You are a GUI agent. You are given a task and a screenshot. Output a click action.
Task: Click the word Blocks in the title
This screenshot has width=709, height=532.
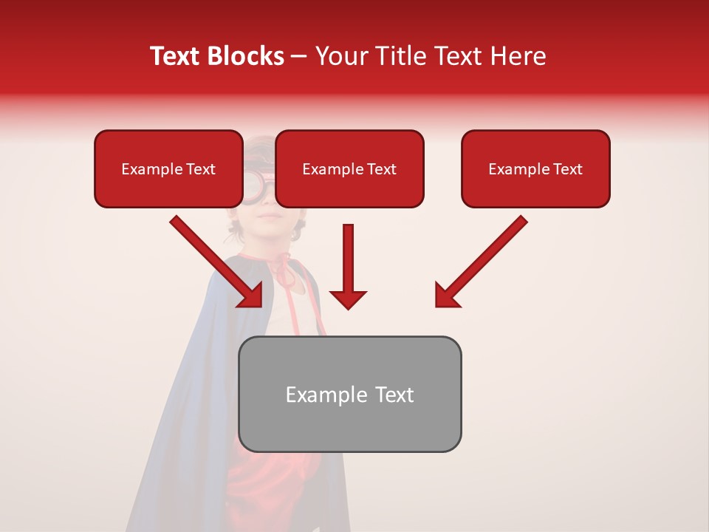[x=247, y=56]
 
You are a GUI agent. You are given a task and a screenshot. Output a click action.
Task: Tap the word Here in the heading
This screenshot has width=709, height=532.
[x=516, y=56]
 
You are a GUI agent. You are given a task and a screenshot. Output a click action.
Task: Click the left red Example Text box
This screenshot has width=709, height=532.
[x=168, y=169]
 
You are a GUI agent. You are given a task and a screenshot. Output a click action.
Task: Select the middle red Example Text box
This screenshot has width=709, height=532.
[x=349, y=169]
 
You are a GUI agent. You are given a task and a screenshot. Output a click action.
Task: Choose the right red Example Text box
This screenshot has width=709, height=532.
[x=535, y=169]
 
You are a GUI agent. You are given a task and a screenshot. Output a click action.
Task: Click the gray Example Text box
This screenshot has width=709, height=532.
[x=349, y=395]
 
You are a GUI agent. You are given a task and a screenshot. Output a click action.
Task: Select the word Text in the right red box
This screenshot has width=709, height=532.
[x=567, y=169]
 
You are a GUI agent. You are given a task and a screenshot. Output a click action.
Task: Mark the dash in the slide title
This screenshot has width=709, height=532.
[x=299, y=56]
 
